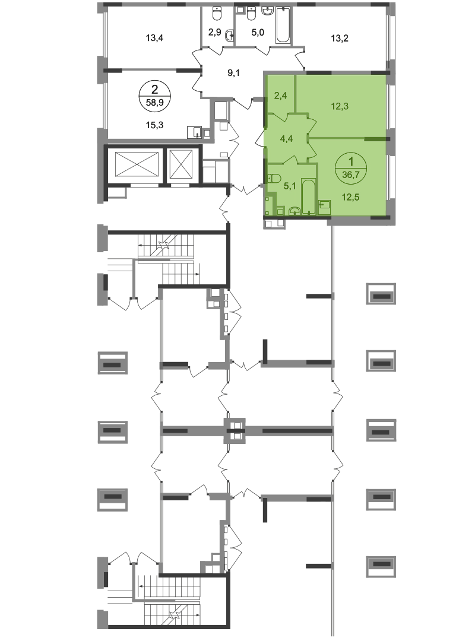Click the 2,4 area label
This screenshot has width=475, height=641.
coord(281,93)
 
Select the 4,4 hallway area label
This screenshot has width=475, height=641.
coord(286,139)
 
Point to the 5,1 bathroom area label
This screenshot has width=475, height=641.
coord(290,185)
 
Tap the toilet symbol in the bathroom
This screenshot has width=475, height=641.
coord(274,178)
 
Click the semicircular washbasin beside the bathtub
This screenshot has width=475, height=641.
coord(293,210)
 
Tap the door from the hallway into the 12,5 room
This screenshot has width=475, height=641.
coord(311,148)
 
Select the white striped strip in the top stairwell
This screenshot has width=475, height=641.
coord(166,260)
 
